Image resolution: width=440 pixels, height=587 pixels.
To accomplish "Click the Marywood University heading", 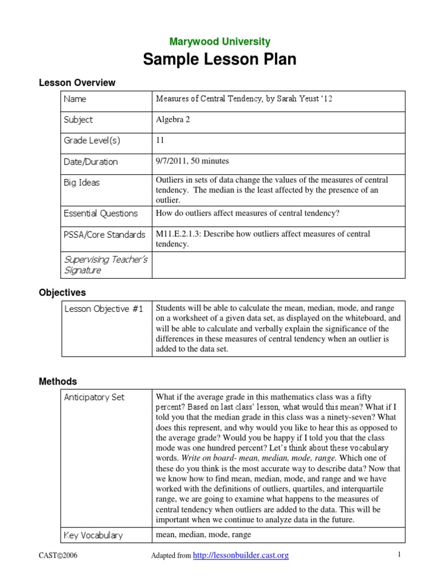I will point(220,42).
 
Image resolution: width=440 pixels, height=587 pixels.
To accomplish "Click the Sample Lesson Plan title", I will point(220,59).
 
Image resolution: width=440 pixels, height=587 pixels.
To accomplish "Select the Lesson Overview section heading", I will point(77,83).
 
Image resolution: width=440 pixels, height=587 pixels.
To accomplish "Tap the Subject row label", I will point(78,120).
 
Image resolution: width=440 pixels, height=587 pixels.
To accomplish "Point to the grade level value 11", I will point(160,140).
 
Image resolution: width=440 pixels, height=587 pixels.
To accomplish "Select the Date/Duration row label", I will point(91,162).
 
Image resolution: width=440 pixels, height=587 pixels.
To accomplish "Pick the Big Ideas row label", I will point(82,183).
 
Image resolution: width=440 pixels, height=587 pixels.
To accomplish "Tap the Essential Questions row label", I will point(101,214).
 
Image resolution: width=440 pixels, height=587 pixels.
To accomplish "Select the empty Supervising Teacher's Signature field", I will point(278,264).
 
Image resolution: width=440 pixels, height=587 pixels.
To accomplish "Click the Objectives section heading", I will point(62,293).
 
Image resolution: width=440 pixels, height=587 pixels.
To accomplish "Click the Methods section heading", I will point(58,382).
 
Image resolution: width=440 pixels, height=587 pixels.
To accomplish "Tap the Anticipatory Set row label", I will point(94,397).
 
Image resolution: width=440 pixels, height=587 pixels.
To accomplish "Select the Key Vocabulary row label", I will point(93,535).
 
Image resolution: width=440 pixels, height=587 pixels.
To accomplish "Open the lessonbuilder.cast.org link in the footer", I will point(241,555).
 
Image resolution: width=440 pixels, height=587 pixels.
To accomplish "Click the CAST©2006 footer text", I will point(58,555).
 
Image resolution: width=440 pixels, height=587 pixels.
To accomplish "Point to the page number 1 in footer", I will point(399,555).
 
